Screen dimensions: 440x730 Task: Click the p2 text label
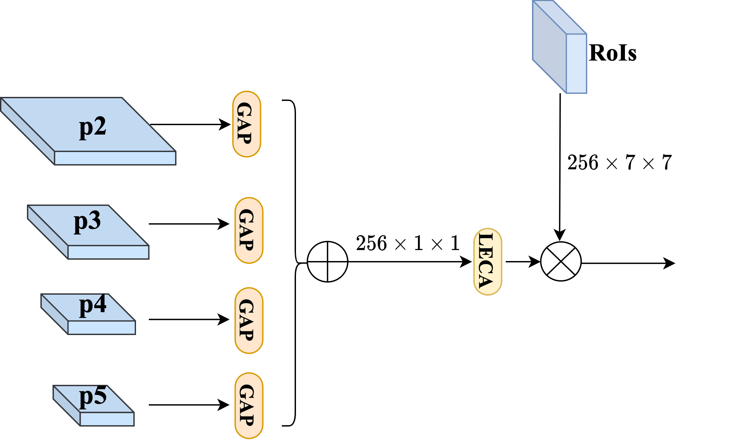click(93, 127)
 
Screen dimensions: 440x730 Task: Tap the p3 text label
click(87, 221)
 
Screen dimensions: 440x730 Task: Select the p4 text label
click(93, 305)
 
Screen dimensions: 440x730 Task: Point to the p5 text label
click(93, 397)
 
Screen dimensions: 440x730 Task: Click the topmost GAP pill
click(246, 124)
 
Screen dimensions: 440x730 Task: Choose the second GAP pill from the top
click(249, 230)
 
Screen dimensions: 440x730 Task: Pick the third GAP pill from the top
click(249, 320)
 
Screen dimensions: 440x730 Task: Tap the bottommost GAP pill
click(249, 405)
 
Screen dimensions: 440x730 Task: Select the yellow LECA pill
click(488, 261)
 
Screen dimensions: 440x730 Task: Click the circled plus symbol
click(327, 261)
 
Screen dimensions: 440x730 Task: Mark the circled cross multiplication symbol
click(561, 261)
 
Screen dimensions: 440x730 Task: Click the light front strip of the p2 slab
click(115, 158)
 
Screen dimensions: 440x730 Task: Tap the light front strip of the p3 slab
click(108, 252)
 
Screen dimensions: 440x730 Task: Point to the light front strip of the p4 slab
click(102, 328)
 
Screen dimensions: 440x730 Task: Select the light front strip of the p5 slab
click(107, 419)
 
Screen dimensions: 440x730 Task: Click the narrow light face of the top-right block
click(576, 64)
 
